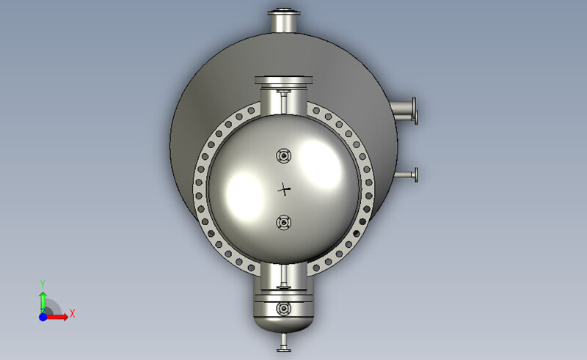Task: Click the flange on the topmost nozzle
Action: [283, 12]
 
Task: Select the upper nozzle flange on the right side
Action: [415, 111]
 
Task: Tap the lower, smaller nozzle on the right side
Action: [408, 175]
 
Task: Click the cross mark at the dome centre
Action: [284, 189]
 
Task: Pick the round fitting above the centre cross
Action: [283, 155]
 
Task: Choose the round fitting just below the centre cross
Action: [283, 222]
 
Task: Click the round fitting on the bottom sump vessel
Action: [283, 309]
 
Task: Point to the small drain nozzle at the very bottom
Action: [283, 343]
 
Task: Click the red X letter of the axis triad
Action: [73, 314]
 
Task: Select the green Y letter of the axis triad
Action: [43, 284]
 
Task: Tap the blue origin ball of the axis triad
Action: [43, 316]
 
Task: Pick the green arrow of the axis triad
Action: [43, 301]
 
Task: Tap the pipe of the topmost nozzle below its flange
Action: [283, 24]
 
